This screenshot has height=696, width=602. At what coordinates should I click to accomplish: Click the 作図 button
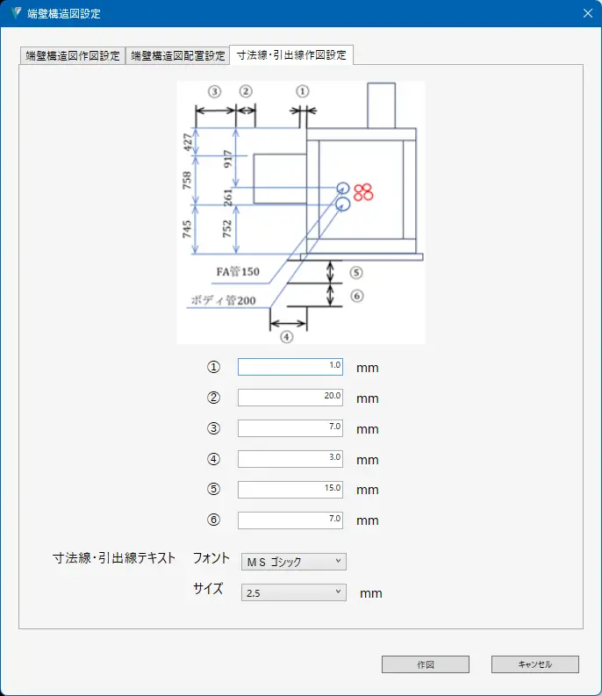click(426, 664)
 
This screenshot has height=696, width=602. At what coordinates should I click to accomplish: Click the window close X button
click(587, 13)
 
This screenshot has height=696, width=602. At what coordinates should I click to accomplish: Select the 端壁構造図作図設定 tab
click(73, 55)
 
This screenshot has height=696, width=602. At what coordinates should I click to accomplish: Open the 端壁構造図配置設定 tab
click(178, 55)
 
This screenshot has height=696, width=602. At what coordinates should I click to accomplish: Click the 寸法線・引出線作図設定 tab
click(291, 54)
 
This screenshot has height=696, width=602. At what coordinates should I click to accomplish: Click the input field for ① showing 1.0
click(290, 367)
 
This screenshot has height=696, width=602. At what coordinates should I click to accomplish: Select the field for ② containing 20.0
click(290, 398)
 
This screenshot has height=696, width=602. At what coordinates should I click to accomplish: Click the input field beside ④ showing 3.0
click(290, 459)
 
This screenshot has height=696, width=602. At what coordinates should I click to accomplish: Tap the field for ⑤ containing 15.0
click(290, 490)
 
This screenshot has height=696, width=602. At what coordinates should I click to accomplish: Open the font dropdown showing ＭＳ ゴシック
click(294, 562)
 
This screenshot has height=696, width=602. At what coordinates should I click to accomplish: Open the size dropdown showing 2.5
click(294, 593)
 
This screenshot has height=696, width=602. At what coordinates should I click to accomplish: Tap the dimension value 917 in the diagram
click(228, 158)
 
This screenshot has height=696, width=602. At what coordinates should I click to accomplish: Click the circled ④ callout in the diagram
click(287, 335)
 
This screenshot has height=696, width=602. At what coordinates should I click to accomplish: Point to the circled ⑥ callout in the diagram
click(356, 296)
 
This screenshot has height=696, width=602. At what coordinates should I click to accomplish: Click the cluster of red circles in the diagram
click(364, 190)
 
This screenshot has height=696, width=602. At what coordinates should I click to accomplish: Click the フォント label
click(211, 558)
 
